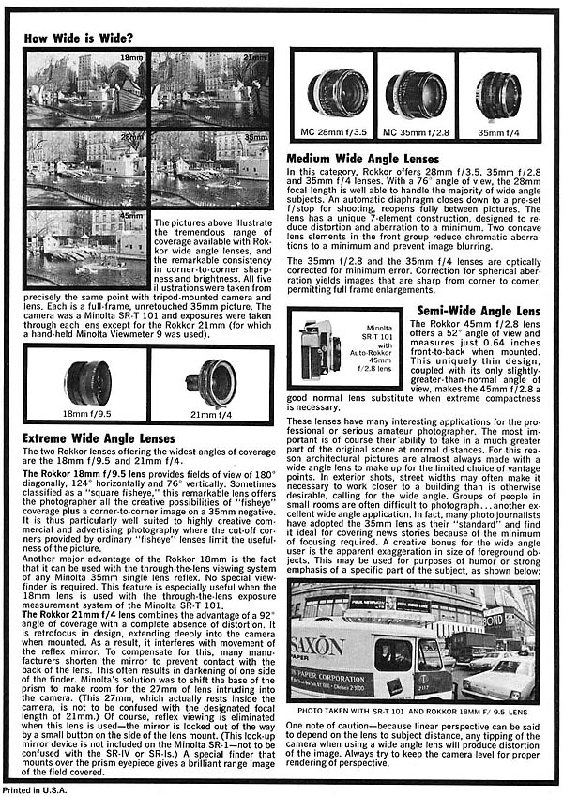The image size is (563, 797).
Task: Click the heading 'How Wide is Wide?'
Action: pyautogui.click(x=79, y=39)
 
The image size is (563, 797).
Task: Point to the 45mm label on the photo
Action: pyautogui.click(x=131, y=217)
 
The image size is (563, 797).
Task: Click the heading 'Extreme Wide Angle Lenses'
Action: pyautogui.click(x=99, y=438)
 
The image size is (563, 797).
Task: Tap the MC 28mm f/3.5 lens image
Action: pyautogui.click(x=333, y=93)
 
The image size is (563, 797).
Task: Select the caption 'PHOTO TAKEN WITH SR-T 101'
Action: pyautogui.click(x=413, y=711)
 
